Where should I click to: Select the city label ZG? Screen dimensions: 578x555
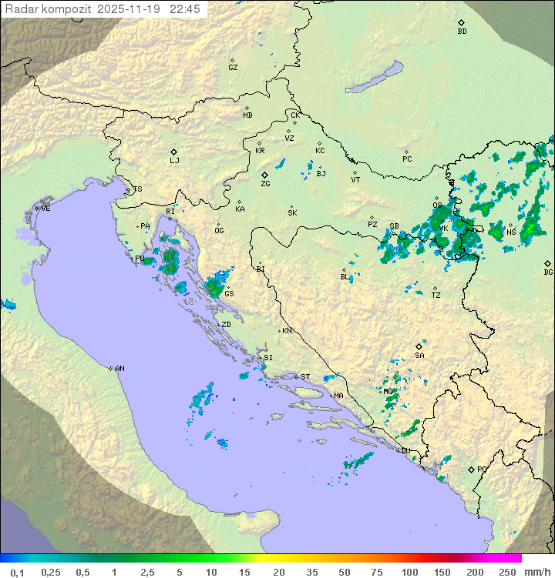(265, 184)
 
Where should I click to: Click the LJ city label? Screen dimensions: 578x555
(174, 161)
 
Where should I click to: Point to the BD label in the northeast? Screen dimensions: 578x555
(462, 32)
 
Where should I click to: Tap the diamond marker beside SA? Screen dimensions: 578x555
(419, 346)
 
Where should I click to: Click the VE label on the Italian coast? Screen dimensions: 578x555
(45, 209)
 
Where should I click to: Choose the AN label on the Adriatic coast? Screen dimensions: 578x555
(119, 369)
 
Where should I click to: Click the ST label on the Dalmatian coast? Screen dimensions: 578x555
(305, 377)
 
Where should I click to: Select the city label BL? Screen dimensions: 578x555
(345, 277)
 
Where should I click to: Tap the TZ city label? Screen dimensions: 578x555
(436, 296)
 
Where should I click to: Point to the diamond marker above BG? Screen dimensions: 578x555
(547, 263)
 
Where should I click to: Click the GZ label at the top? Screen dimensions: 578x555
(233, 68)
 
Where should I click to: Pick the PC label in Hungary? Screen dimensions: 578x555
(407, 159)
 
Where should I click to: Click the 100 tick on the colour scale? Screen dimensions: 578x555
(409, 572)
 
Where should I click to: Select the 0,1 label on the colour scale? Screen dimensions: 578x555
(17, 572)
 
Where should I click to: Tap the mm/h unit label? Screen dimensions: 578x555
(536, 572)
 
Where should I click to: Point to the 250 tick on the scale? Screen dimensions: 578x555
(506, 572)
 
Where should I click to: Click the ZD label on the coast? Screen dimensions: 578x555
(226, 325)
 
